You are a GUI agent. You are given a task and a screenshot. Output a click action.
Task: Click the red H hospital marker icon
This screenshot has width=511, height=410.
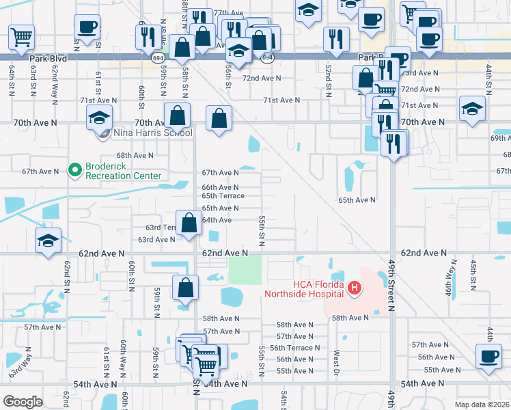click(x=354, y=289)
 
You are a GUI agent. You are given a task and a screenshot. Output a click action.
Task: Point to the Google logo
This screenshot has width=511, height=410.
click(x=23, y=402)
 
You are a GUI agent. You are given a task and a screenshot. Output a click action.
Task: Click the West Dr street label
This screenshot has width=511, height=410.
click(x=336, y=363)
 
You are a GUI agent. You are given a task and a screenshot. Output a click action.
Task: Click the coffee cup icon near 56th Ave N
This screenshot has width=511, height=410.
click(x=488, y=356)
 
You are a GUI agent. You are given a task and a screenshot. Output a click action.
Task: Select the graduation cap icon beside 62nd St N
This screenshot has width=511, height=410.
click(x=48, y=242)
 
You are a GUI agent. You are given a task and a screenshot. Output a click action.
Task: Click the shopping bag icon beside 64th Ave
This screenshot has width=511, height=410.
click(x=190, y=222)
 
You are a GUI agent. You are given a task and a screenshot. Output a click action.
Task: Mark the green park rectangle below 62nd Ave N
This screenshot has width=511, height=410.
click(x=245, y=270)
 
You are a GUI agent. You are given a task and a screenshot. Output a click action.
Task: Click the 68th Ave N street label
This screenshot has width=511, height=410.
click(x=135, y=156)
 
